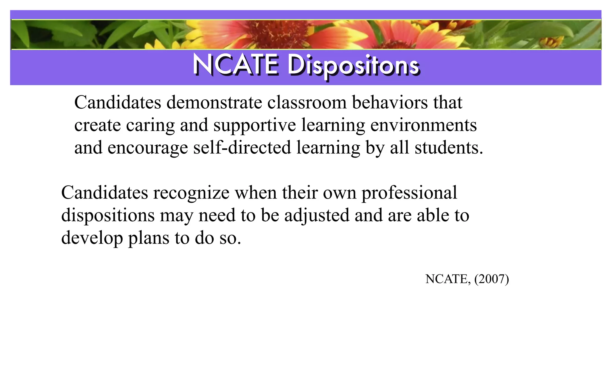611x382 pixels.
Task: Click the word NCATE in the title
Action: click(236, 65)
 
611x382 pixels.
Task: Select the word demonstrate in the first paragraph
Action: click(214, 103)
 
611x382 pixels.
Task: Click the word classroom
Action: click(307, 103)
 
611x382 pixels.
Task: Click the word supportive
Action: click(254, 125)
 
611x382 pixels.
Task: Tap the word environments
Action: click(423, 125)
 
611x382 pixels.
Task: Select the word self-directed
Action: click(242, 148)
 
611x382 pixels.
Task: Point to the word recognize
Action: click(191, 193)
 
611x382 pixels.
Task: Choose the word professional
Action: click(409, 193)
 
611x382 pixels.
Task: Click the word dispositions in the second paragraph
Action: click(108, 215)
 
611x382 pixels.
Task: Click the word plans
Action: click(149, 238)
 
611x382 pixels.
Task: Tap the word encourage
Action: click(147, 148)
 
